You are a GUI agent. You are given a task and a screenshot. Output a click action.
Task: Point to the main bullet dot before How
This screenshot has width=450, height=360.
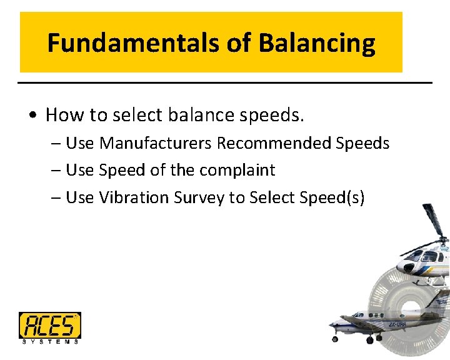coord(32,116)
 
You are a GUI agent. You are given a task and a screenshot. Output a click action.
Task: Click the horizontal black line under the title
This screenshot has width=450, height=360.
coord(225,82)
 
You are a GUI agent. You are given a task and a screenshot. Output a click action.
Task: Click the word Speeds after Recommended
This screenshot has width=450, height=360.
coord(362,143)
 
